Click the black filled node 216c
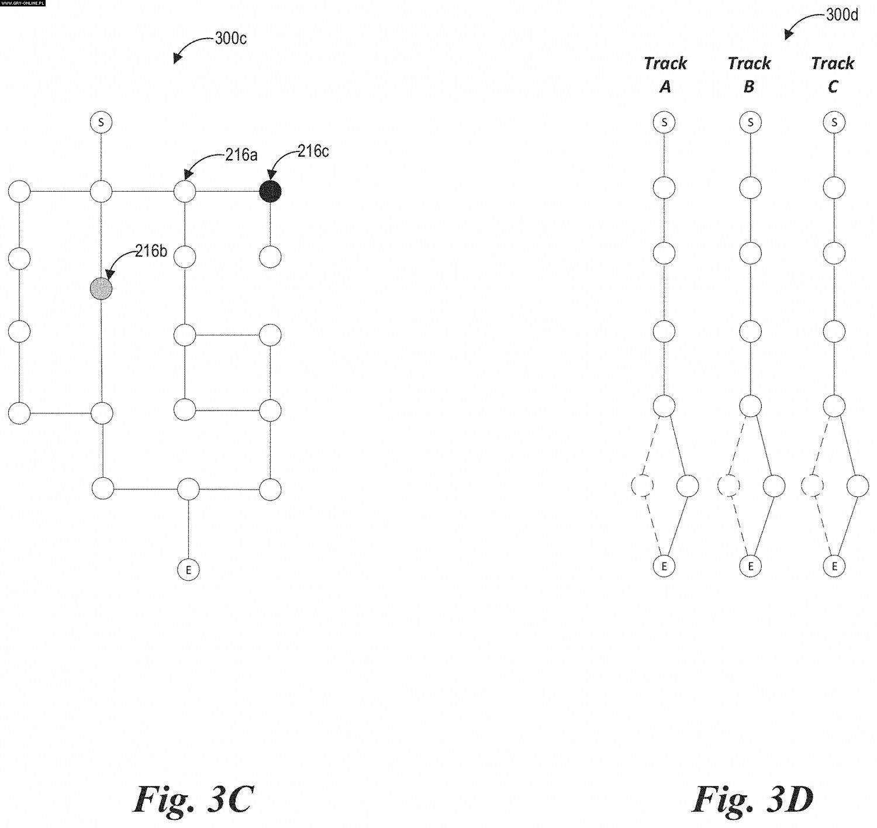click(x=270, y=191)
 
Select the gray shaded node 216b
click(x=101, y=289)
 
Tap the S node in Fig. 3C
click(x=101, y=123)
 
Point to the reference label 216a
click(x=241, y=154)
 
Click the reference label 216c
click(x=313, y=151)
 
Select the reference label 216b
click(x=151, y=251)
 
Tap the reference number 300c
click(x=231, y=39)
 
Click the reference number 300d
click(x=842, y=15)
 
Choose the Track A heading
click(x=665, y=74)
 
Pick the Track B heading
click(x=749, y=74)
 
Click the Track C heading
click(x=833, y=74)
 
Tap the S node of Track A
click(x=664, y=123)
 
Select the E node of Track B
click(x=750, y=566)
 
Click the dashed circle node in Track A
click(x=643, y=486)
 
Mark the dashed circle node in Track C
click(x=813, y=486)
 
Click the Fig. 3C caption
click(x=193, y=799)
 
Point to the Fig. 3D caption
click(x=752, y=799)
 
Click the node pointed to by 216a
click(x=185, y=191)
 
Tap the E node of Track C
click(x=834, y=566)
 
